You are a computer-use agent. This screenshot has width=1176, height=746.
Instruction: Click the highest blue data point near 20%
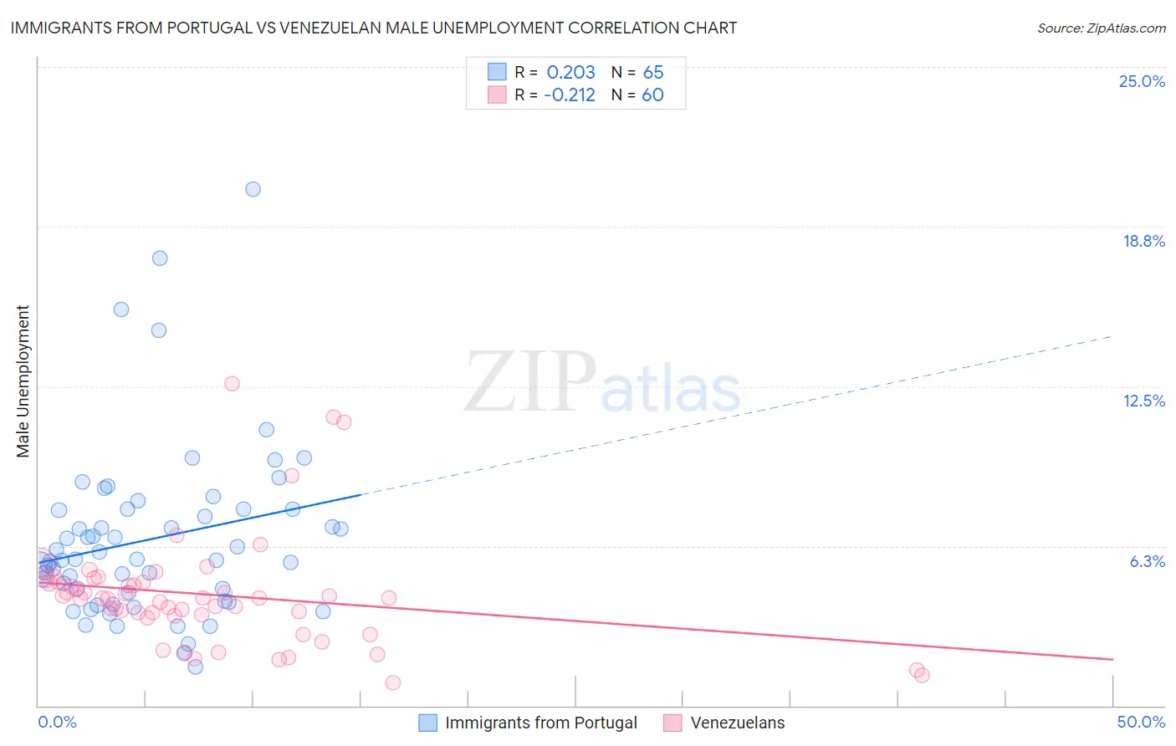pos(253,189)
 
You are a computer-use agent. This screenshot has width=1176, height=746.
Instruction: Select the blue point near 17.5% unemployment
pos(160,258)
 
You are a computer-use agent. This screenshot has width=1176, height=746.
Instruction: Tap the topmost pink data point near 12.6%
pos(232,384)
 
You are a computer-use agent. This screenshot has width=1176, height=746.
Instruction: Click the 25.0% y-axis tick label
pos(1142,81)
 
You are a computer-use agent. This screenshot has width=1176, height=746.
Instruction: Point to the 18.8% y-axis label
pos(1143,241)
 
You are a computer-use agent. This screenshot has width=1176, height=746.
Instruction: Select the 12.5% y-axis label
pos(1143,401)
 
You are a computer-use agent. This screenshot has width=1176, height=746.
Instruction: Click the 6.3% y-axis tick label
pos(1147,561)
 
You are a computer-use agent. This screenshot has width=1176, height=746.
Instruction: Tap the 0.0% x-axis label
pos(57,722)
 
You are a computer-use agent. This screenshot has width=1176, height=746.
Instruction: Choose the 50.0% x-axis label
pos(1140,722)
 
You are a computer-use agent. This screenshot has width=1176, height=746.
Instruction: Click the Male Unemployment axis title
pos(23,381)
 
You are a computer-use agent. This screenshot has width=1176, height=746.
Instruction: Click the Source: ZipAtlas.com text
pos(1101,28)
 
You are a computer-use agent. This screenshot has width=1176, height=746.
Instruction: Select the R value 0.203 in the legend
pos(570,73)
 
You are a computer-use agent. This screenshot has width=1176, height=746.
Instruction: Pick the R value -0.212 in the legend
pos(569,95)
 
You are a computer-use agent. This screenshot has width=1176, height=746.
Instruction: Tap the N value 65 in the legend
pos(652,73)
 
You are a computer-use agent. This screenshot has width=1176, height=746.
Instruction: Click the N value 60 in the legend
pos(652,95)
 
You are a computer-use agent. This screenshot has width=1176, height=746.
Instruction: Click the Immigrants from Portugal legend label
pos(540,723)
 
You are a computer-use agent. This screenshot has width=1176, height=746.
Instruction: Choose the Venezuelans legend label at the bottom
pos(737,723)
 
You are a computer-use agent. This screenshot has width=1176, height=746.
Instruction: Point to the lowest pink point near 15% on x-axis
pos(392,682)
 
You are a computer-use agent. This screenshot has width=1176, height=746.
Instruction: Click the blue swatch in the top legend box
pos(497,72)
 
